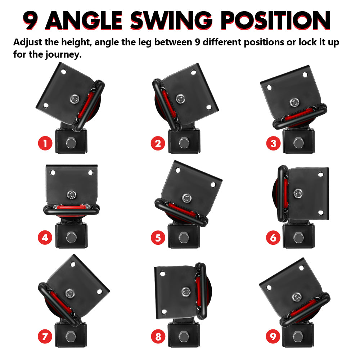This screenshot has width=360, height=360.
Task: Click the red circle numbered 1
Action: [45, 144]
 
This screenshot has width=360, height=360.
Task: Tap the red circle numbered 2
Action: [158, 144]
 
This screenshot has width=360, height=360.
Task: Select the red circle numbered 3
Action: [273, 144]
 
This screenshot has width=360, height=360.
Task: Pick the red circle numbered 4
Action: [45, 238]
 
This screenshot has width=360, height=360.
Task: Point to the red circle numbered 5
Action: [158, 238]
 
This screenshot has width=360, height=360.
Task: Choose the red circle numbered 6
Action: [273, 238]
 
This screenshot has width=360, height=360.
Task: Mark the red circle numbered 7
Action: [45, 337]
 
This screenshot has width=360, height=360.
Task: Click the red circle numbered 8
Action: [158, 337]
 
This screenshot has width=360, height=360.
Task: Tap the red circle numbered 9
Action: [273, 337]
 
